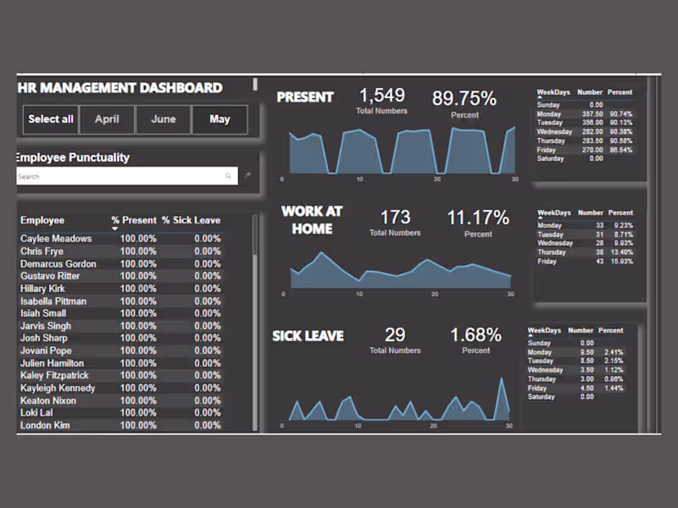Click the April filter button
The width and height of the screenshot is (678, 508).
click(x=107, y=119)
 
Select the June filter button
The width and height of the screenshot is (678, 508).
click(x=164, y=119)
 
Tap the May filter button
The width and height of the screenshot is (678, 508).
click(x=220, y=119)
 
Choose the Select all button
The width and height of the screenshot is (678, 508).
click(x=51, y=119)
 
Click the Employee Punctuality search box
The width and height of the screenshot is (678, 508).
click(x=119, y=176)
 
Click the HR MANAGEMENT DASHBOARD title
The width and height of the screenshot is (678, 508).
click(x=119, y=88)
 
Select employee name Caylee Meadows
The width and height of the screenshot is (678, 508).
click(x=56, y=239)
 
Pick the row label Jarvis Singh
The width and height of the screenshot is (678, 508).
click(x=46, y=326)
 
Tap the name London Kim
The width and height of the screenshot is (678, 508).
click(x=45, y=425)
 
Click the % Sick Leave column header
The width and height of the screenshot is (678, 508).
click(x=191, y=220)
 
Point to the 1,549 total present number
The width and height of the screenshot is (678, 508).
click(x=381, y=96)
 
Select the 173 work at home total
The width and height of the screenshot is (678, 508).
click(x=395, y=218)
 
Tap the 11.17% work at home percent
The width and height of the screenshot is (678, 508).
click(x=478, y=218)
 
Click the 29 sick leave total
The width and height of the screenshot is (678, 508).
click(x=395, y=335)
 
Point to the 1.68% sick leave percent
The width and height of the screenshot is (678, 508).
click(x=475, y=335)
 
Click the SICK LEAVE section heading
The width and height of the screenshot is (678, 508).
click(x=308, y=336)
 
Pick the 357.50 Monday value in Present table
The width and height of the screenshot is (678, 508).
click(x=592, y=114)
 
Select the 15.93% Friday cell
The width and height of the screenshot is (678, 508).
click(x=621, y=261)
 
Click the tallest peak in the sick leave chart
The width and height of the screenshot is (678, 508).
click(x=503, y=380)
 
